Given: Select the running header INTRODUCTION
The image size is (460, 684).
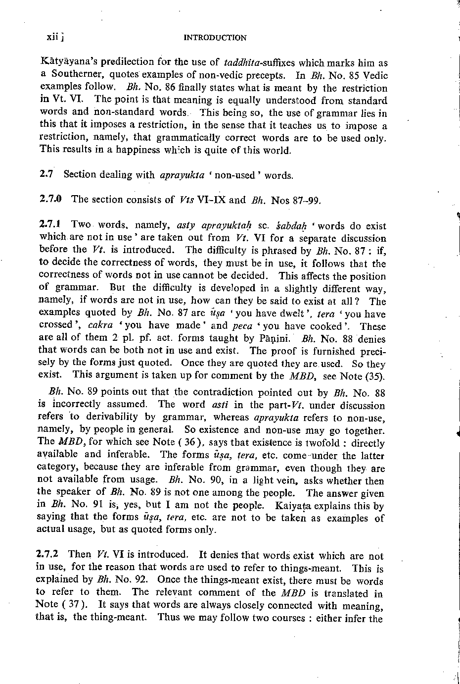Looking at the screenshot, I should [215, 38].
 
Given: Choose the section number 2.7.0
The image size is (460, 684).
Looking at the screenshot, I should [50, 200].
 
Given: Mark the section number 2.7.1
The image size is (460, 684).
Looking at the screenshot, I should [49, 225].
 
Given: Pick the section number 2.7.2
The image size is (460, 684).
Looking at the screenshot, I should [49, 555].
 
